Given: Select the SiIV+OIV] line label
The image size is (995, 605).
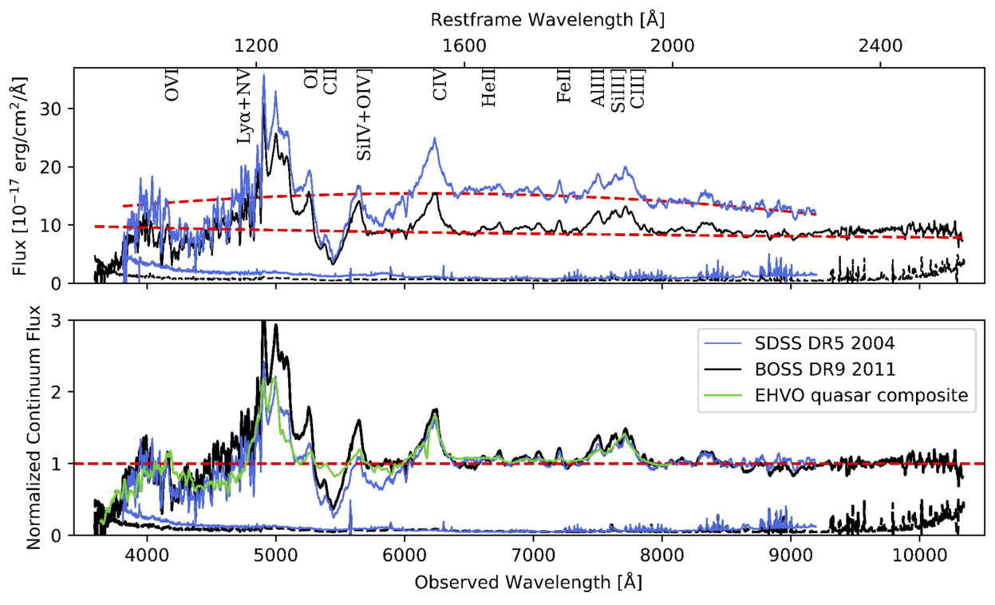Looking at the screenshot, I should pyautogui.click(x=364, y=115).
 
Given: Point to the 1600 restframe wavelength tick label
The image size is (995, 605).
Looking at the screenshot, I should pyautogui.click(x=464, y=45).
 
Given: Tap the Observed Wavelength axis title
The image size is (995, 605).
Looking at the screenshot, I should pyautogui.click(x=527, y=583).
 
